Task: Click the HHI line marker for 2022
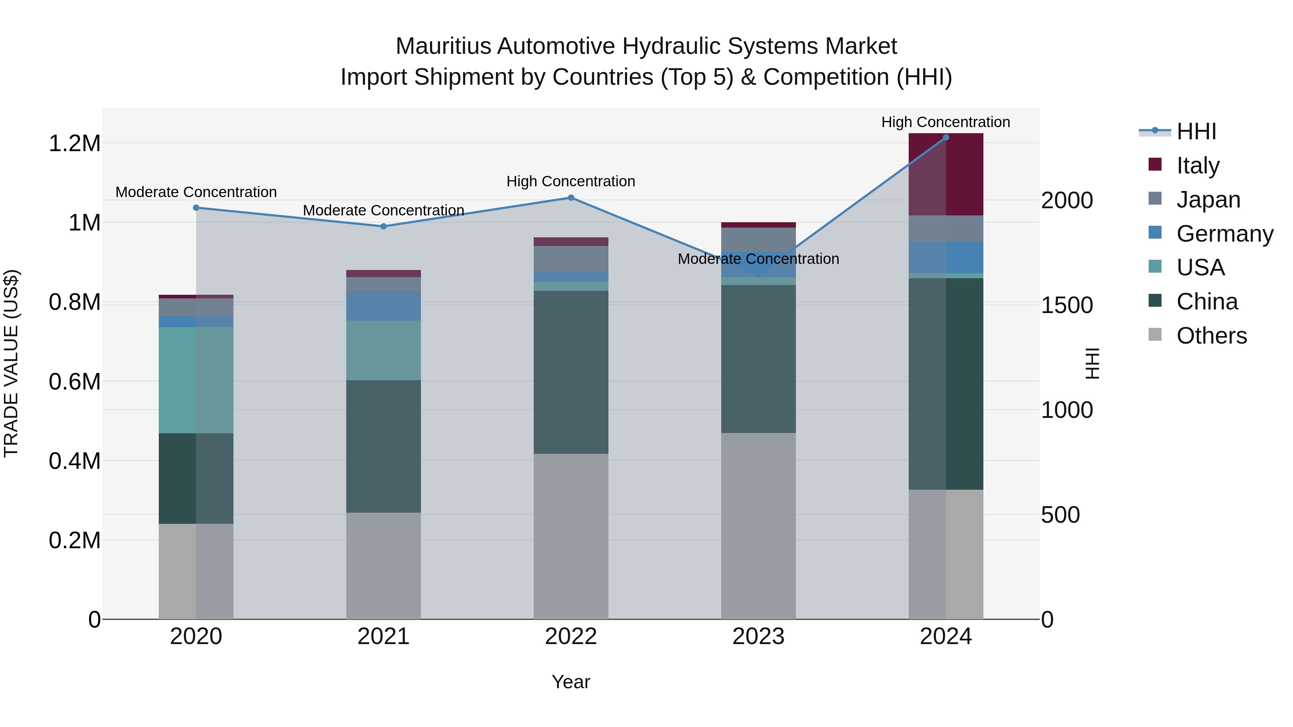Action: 571,198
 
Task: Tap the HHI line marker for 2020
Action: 196,208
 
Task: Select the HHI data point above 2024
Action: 946,138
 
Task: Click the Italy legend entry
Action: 1197,166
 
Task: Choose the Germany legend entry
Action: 1224,234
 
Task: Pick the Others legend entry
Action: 1211,336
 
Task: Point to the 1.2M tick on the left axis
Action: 74,144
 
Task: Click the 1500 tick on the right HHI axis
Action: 1067,305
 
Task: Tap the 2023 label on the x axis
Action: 758,637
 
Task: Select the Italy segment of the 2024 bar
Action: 946,174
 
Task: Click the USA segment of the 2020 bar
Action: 196,380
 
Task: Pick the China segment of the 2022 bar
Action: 571,372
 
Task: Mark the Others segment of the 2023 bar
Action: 758,526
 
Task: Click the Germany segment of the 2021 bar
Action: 384,306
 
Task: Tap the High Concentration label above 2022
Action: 571,181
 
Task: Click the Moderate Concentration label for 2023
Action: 758,259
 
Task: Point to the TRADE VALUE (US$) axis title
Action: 11,363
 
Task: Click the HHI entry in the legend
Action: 1196,131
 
